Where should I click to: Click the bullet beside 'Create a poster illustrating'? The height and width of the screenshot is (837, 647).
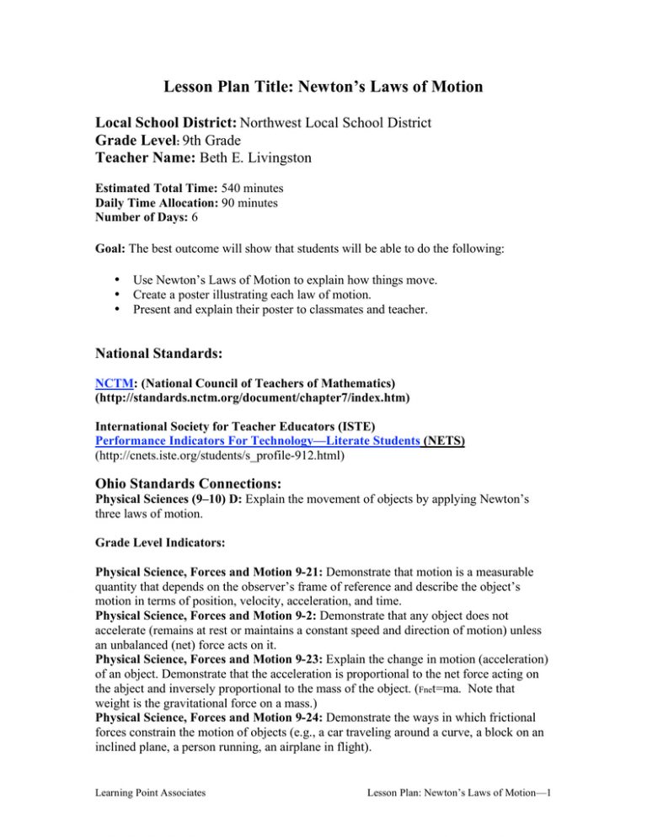[126, 293]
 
